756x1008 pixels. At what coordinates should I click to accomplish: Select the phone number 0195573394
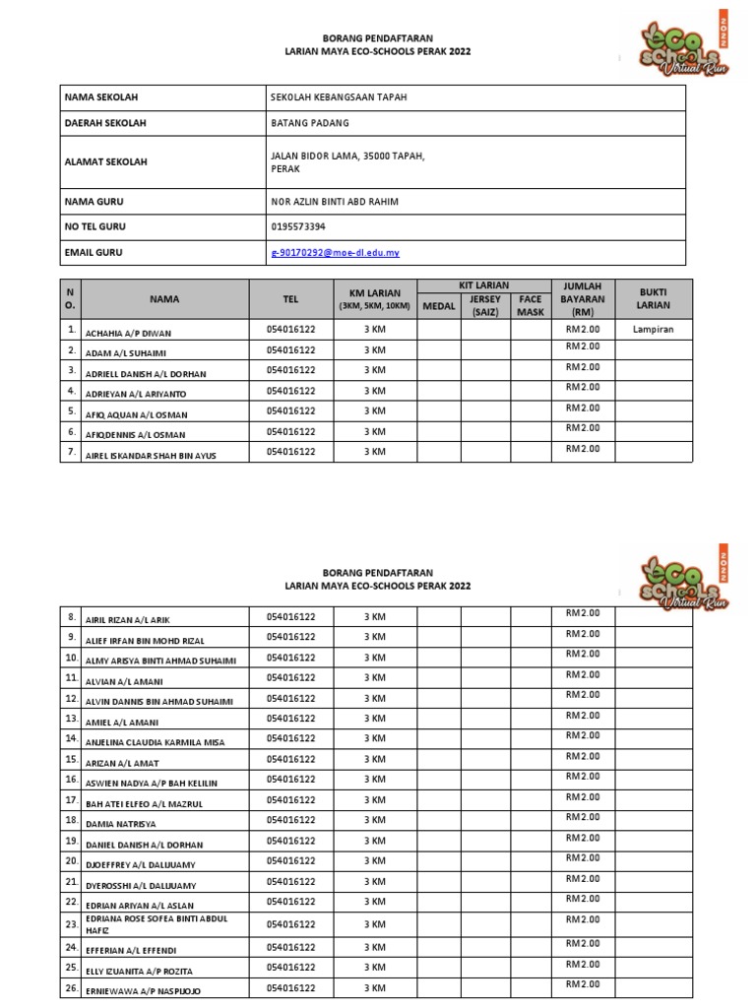point(297,227)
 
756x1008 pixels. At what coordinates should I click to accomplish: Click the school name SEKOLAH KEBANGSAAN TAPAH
point(338,97)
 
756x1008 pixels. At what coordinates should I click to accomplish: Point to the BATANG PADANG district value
point(309,123)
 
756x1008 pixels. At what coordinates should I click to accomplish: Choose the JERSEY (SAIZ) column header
point(485,305)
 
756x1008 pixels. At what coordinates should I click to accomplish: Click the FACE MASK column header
point(530,305)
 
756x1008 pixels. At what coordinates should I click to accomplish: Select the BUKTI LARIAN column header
point(654,299)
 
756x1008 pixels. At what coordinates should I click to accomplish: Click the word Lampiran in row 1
point(654,329)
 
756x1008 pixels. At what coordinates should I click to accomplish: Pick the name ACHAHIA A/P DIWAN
point(129,334)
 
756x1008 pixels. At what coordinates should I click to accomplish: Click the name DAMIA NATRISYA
point(121,824)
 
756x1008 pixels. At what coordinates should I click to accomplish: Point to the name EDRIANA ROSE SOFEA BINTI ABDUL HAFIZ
point(157,924)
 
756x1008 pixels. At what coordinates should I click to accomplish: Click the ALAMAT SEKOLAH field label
point(105,162)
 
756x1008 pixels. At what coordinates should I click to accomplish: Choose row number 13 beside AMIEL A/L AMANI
point(71,719)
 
